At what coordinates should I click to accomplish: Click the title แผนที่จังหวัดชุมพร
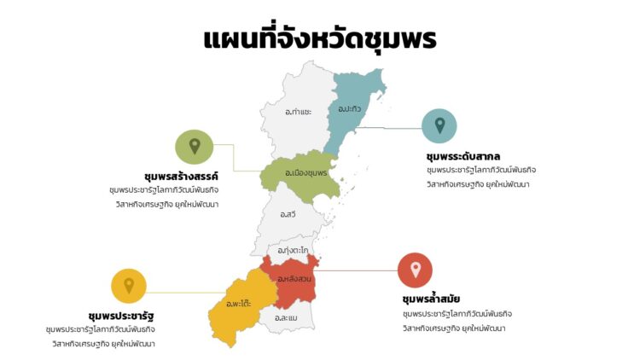(320, 39)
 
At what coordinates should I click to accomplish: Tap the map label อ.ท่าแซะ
(298, 112)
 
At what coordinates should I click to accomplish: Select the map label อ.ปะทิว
(349, 109)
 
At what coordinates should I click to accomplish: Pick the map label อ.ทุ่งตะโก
(293, 250)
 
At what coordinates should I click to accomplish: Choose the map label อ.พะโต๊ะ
(239, 304)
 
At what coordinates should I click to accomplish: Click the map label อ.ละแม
(286, 318)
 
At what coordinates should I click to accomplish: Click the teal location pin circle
(439, 126)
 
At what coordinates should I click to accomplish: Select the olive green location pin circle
(195, 147)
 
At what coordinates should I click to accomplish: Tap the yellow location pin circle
(129, 286)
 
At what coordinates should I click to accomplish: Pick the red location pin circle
(416, 270)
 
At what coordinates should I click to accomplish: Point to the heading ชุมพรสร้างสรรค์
(182, 176)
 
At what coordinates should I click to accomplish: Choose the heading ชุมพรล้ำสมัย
(431, 299)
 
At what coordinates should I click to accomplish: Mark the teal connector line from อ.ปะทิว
(393, 129)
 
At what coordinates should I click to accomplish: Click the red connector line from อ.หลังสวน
(358, 270)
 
